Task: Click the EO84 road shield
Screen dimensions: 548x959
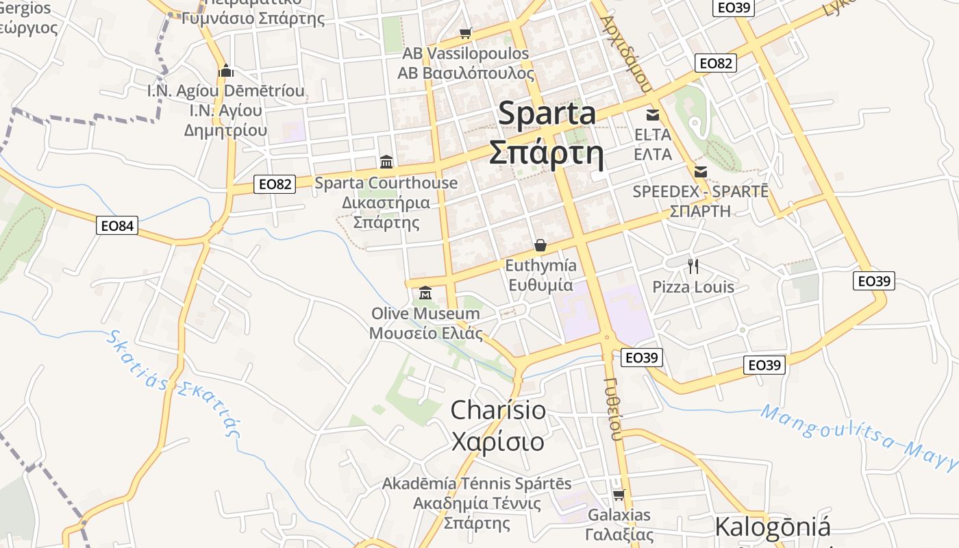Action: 117,225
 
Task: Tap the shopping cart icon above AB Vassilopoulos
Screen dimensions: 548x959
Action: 466,33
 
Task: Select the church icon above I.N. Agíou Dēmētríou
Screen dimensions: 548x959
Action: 226,71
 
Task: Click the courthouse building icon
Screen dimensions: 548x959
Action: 386,162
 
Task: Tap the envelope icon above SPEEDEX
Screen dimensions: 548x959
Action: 701,172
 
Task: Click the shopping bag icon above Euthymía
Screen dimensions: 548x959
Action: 540,245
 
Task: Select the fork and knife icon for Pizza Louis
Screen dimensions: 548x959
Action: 693,266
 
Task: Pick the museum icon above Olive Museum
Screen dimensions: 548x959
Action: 425,293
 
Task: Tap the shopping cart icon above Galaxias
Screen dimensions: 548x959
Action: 619,495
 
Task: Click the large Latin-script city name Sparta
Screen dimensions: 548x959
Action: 547,113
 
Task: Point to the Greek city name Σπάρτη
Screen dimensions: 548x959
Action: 547,153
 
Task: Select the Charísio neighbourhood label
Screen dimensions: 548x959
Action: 498,410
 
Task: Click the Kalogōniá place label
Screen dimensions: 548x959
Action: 772,527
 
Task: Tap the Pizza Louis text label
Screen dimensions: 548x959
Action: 693,287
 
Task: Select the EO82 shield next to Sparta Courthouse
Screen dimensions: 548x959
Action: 275,184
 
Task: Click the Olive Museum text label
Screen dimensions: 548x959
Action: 425,314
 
